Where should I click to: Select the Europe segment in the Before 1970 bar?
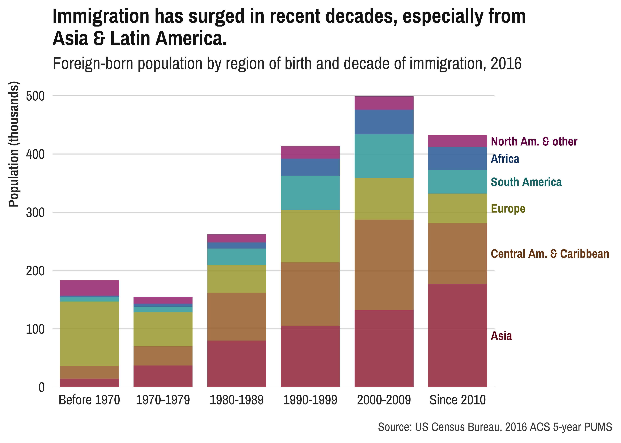click(x=89, y=334)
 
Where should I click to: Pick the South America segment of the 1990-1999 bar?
click(x=310, y=193)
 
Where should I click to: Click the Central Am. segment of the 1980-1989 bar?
click(x=236, y=316)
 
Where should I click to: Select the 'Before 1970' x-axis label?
click(x=89, y=400)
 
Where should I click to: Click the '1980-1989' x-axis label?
click(x=236, y=400)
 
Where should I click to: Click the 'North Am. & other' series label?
click(x=534, y=142)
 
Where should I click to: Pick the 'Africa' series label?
click(x=505, y=159)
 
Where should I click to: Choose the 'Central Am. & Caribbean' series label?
click(x=550, y=254)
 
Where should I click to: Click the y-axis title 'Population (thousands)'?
click(x=14, y=144)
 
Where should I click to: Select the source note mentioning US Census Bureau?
click(x=495, y=427)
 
